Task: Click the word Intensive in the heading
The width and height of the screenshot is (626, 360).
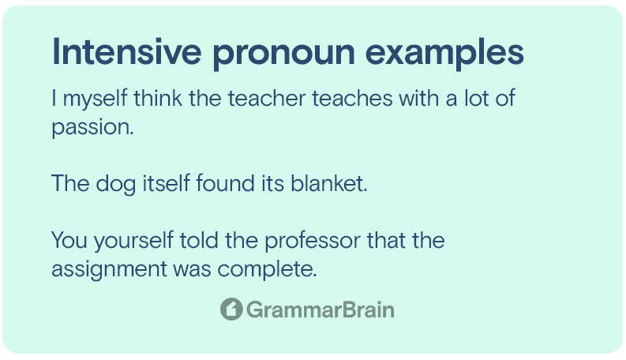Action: click(126, 51)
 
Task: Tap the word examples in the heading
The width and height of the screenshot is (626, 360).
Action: click(444, 54)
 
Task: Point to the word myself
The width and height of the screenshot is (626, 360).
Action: click(95, 99)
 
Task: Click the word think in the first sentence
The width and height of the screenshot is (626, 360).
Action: click(158, 98)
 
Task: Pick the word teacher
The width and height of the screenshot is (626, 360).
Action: click(266, 99)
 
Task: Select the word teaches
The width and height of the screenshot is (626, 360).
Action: click(352, 99)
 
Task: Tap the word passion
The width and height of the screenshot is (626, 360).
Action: click(92, 128)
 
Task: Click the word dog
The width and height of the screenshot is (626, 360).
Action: click(116, 185)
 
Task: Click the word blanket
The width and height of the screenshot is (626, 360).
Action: click(328, 183)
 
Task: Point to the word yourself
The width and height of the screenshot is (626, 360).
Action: click(133, 242)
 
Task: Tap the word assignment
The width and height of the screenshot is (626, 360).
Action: click(109, 270)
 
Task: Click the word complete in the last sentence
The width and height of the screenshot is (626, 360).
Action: click(267, 270)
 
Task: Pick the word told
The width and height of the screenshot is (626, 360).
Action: click(199, 240)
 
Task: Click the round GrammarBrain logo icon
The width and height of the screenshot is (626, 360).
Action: click(231, 309)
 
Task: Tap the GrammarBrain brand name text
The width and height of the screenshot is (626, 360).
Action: click(320, 309)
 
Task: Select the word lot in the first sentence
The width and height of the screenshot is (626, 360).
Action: click(476, 98)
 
